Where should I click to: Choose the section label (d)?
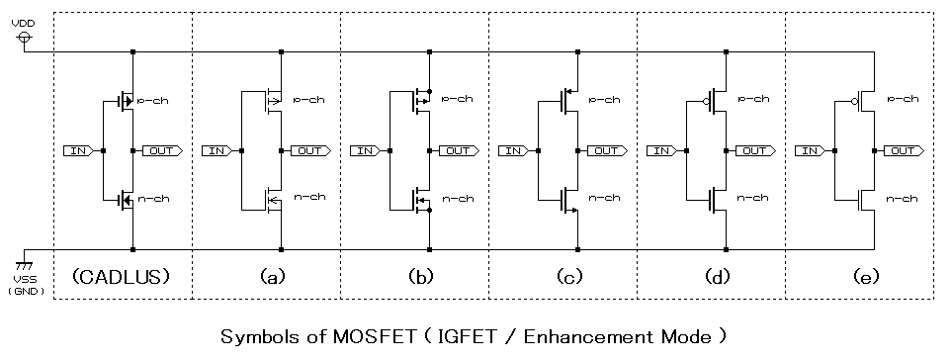tap(712, 278)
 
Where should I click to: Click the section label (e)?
tap(860, 278)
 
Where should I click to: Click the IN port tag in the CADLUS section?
tap(78, 150)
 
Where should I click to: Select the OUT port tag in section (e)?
tap(903, 150)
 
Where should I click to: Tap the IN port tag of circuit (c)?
tap(513, 150)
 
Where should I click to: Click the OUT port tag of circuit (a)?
tap(309, 150)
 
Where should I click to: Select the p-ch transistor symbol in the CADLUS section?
tap(127, 100)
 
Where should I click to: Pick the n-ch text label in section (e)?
tap(903, 199)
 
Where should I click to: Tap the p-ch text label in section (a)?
tap(309, 100)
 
